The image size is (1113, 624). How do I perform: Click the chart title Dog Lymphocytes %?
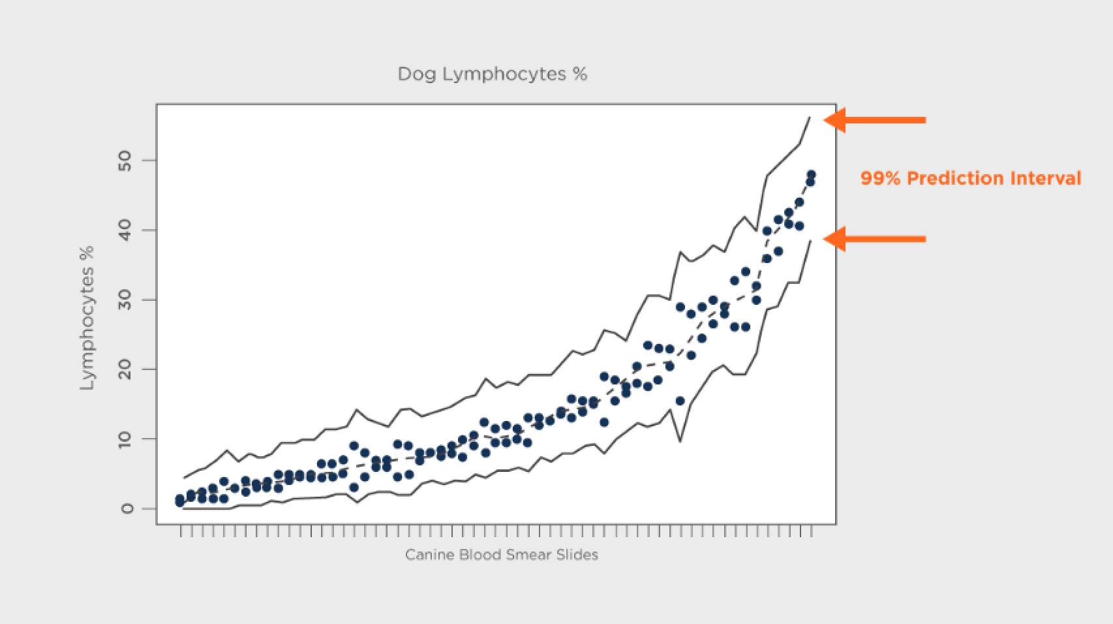coord(493,74)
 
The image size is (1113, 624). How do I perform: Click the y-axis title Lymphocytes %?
coord(87,318)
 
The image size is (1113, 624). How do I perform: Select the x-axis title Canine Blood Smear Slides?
coord(501,555)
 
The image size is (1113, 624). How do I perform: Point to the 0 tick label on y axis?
coord(126,508)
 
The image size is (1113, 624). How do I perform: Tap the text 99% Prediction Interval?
coord(970,178)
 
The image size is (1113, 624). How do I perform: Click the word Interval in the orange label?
coord(1046,178)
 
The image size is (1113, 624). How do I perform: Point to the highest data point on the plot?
coord(811,175)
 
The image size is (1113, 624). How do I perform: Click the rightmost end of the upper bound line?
coord(810,117)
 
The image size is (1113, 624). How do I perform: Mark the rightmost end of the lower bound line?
coord(810,241)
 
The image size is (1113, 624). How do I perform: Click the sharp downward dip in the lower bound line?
coord(680,441)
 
